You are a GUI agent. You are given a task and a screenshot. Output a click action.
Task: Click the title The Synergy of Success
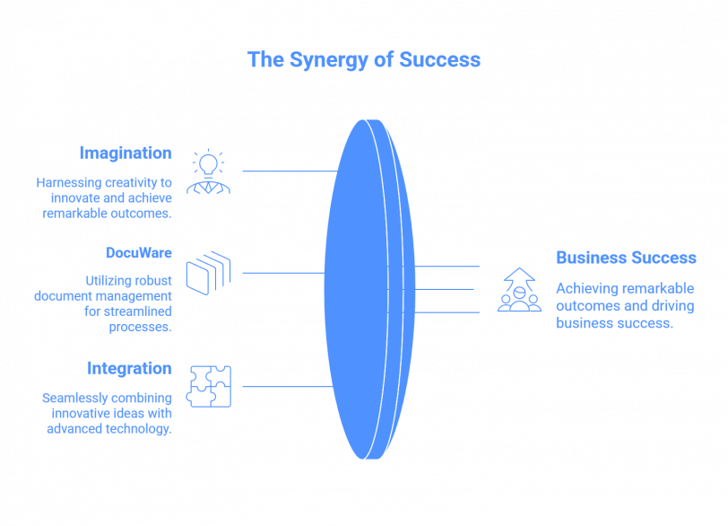[x=364, y=60]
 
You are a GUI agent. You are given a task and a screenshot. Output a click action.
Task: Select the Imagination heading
[x=125, y=153]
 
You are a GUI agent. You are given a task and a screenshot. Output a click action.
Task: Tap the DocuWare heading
[x=138, y=253]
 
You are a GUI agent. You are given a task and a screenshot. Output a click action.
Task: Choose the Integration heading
[x=129, y=368]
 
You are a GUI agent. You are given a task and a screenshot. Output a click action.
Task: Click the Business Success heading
[x=626, y=258]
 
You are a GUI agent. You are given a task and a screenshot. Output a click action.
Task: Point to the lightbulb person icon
[x=208, y=172]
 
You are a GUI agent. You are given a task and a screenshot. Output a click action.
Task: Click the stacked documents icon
[x=208, y=273]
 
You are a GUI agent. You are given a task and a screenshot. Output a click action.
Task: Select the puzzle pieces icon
[x=208, y=387]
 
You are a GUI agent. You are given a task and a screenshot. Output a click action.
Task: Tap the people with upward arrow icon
[x=519, y=290]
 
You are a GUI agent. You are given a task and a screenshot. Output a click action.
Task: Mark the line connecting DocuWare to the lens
[x=282, y=273]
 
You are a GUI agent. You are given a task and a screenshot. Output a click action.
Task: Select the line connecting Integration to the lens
[x=287, y=387]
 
